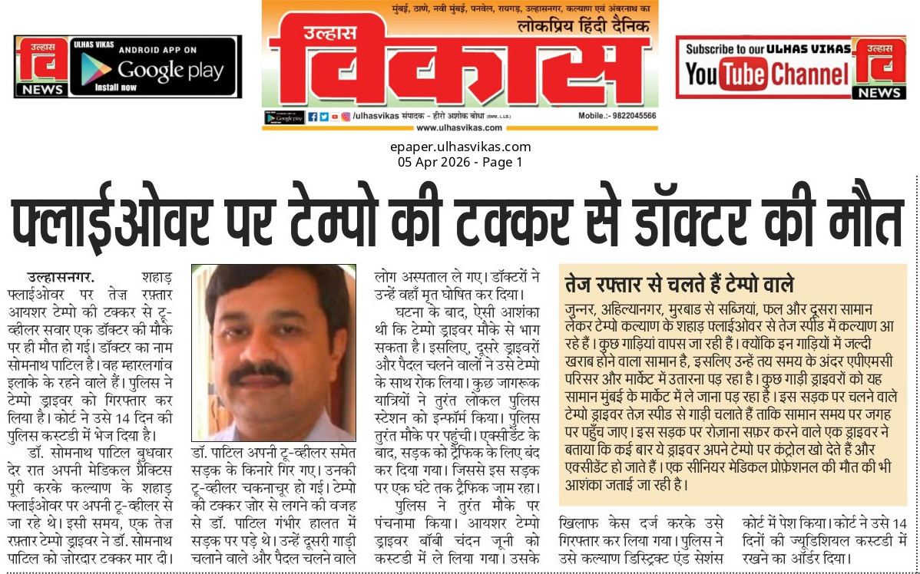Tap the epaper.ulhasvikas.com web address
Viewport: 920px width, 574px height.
pos(460,147)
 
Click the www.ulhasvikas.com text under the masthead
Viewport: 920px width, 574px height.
pos(460,127)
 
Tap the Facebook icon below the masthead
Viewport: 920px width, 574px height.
pos(313,116)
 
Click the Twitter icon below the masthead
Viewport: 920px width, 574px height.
pos(323,116)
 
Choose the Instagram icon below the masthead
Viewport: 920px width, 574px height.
pos(346,116)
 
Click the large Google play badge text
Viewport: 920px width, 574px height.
pos(170,71)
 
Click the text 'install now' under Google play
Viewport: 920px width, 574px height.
pos(116,87)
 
